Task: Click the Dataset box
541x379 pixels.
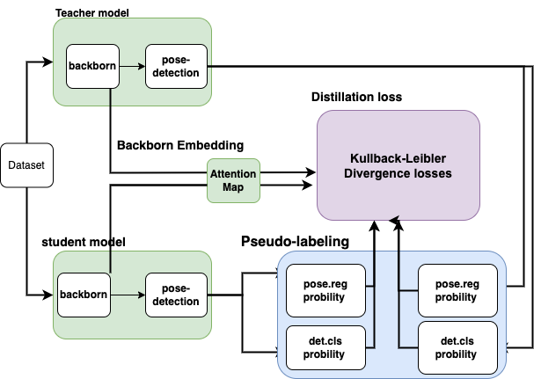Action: click(25, 164)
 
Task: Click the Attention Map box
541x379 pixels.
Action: click(232, 180)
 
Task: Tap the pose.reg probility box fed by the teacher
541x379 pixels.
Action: click(457, 291)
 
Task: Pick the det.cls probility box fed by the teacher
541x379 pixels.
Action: click(457, 348)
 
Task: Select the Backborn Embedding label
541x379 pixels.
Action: click(179, 144)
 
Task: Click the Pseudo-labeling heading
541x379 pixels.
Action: click(295, 241)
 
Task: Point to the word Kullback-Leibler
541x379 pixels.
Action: click(398, 159)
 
